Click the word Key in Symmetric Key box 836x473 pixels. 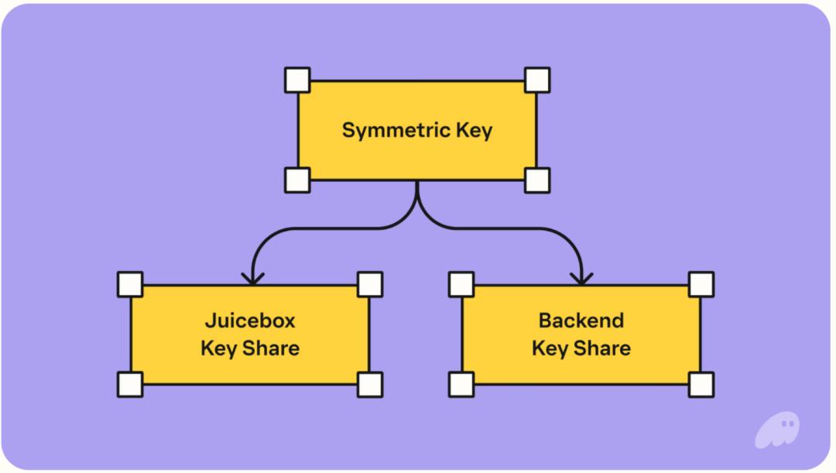click(x=475, y=130)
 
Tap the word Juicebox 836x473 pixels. click(x=250, y=320)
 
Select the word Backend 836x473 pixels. click(x=581, y=320)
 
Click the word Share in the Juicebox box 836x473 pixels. click(x=270, y=348)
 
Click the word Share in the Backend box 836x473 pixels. click(x=601, y=348)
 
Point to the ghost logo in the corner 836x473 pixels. click(x=776, y=430)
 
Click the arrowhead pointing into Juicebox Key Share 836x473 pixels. click(x=252, y=278)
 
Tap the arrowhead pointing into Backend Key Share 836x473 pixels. click(x=581, y=278)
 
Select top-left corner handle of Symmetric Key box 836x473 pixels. click(x=297, y=81)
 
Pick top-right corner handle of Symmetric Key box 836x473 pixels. click(x=537, y=81)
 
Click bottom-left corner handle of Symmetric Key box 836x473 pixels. click(x=297, y=180)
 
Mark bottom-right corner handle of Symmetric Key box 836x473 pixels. click(x=537, y=180)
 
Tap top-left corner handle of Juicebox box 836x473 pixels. click(x=130, y=284)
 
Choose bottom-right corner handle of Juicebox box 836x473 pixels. click(x=370, y=384)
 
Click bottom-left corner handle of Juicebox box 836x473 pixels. click(x=130, y=384)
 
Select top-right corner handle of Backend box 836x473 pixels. click(x=701, y=284)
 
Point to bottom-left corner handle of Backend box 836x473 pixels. click(x=461, y=384)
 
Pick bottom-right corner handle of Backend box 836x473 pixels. click(x=701, y=384)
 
